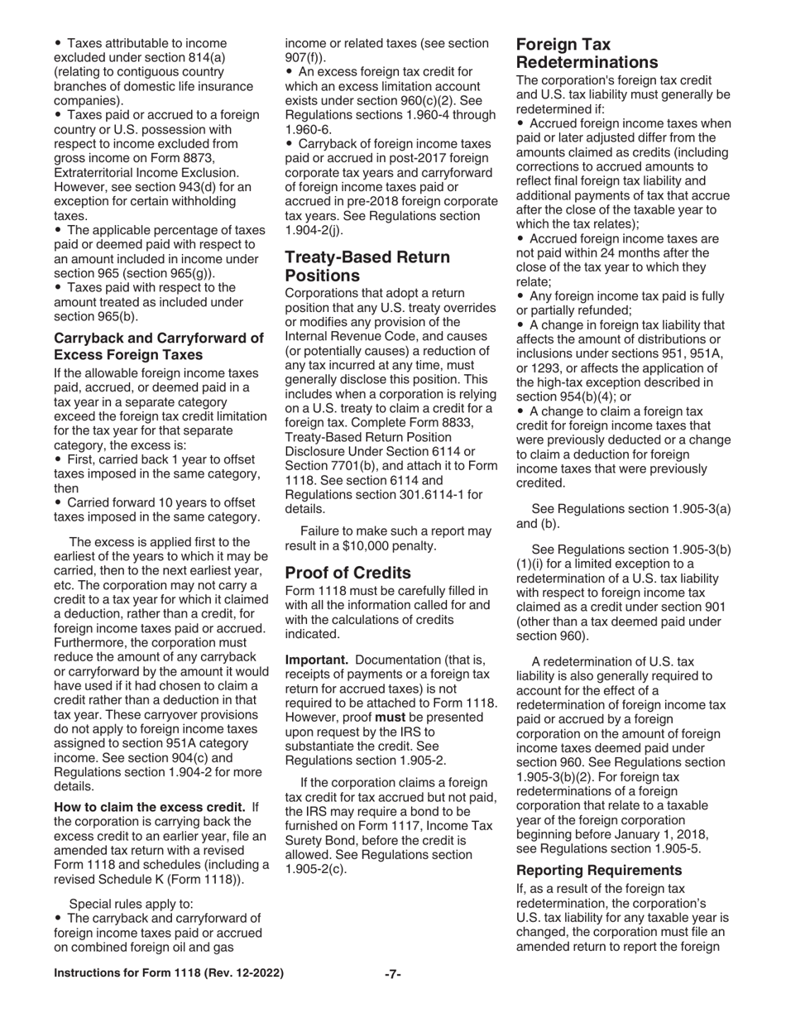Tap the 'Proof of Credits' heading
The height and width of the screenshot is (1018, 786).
click(x=347, y=573)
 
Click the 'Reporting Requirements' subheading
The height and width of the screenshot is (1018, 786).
click(x=599, y=870)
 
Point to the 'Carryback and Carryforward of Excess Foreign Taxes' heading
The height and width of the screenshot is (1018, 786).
click(x=159, y=346)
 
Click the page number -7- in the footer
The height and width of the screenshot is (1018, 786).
click(x=392, y=974)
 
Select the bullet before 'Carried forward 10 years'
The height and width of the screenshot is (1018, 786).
click(x=58, y=502)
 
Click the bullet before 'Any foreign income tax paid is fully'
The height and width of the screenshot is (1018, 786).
click(x=521, y=296)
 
